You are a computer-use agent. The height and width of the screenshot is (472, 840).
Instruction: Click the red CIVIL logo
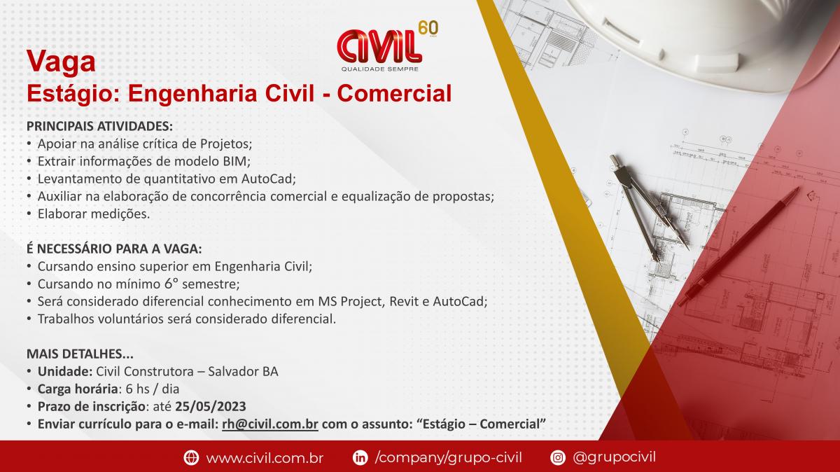point(379,46)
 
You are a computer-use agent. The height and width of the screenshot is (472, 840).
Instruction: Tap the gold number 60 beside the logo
point(428,29)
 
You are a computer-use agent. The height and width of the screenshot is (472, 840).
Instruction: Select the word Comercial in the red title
point(394,93)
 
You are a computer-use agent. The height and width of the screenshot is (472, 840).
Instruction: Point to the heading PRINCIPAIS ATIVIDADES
point(99,126)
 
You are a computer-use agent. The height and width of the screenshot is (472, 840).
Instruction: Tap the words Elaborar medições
point(94,214)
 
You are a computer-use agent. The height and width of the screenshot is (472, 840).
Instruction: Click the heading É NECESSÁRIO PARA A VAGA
point(114,249)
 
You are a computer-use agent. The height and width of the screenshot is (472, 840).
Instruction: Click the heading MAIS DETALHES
point(80,354)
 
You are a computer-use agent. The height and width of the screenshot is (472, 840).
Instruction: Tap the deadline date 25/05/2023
point(211,406)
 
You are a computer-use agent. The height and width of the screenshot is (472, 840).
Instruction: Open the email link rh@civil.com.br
point(270,424)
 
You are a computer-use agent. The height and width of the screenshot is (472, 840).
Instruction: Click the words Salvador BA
point(243,371)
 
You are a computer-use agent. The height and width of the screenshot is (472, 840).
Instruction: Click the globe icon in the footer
point(191,457)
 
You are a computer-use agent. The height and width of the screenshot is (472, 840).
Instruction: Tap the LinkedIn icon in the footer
point(360,457)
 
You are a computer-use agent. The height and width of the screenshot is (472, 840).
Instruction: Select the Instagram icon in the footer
point(558,457)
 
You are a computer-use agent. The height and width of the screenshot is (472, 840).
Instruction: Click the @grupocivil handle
point(615,457)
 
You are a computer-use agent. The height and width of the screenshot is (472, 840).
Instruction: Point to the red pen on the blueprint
point(738,247)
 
